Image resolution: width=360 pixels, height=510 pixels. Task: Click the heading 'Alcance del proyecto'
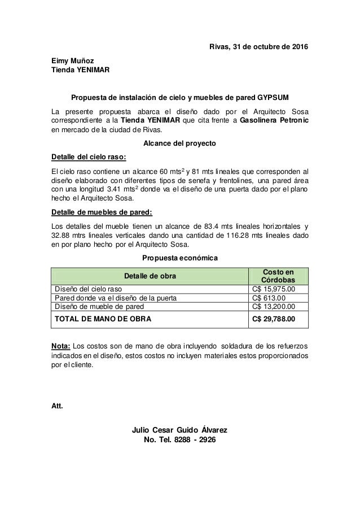(180, 143)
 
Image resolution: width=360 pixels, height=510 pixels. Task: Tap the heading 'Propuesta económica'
(180, 258)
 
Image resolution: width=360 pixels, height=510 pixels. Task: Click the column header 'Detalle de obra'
(150, 276)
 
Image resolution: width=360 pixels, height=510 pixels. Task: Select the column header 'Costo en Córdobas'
(279, 276)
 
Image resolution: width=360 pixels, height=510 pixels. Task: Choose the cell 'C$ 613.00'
(269, 298)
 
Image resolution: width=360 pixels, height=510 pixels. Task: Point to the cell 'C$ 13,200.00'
(277, 307)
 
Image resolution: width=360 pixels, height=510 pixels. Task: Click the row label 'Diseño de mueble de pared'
(99, 307)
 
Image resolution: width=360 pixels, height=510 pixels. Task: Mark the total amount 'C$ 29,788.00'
(279, 319)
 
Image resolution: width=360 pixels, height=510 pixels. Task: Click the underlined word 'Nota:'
(61, 345)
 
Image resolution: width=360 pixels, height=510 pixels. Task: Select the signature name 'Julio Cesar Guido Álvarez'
(180, 430)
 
